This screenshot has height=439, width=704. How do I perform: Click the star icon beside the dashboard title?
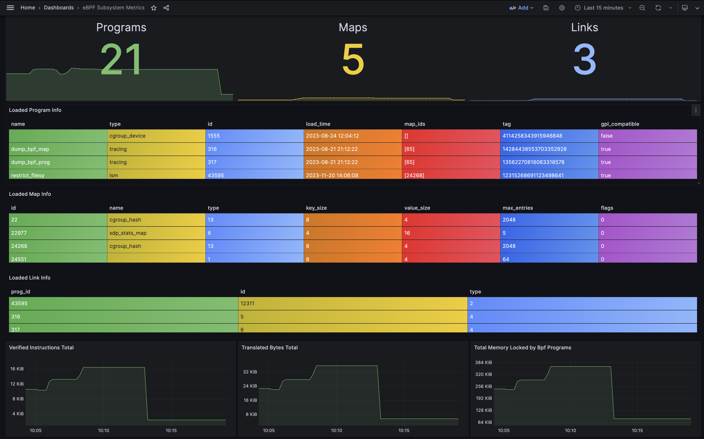click(154, 8)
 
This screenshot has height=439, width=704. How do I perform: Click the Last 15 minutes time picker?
click(603, 8)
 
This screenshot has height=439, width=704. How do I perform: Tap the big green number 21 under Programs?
click(121, 59)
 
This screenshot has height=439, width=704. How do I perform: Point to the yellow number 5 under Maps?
click(353, 59)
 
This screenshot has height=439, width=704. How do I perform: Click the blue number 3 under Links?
click(585, 59)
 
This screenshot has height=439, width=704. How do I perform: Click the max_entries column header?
click(518, 208)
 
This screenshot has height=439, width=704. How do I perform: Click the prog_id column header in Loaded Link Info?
click(21, 292)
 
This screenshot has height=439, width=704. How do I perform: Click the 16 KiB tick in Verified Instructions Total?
click(17, 369)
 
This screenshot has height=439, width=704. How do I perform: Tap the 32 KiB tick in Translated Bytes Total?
click(250, 372)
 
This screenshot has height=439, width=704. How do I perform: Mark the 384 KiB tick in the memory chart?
click(483, 362)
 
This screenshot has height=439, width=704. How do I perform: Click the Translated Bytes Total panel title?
click(269, 348)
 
